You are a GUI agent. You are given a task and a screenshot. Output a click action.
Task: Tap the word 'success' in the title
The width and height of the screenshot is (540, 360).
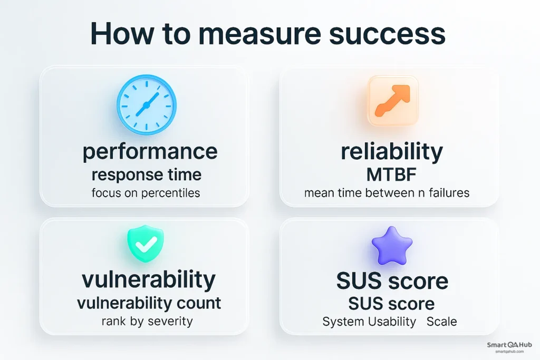[388, 34]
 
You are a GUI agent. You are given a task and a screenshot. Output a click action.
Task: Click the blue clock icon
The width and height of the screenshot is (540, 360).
[147, 105]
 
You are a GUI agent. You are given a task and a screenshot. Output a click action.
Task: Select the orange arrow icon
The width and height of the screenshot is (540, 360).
[393, 101]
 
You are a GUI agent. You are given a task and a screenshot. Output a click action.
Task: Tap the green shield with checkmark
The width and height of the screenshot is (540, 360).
[146, 244]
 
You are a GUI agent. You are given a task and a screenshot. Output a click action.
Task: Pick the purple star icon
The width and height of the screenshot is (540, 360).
[392, 246]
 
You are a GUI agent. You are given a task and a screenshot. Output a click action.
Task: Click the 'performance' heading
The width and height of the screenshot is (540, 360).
[150, 151]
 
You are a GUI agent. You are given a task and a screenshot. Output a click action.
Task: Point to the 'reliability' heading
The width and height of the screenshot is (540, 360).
[392, 151]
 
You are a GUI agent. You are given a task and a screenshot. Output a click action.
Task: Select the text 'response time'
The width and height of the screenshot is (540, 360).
[147, 174]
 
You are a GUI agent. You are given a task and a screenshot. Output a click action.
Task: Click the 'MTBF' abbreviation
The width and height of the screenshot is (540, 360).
[391, 174]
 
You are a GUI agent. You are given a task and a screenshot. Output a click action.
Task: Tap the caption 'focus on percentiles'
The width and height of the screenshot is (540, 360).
[146, 193]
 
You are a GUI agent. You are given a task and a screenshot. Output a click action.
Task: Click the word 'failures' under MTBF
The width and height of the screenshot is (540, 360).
[449, 193]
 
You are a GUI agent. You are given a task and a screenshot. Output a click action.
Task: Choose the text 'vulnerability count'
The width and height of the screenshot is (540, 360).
[149, 303]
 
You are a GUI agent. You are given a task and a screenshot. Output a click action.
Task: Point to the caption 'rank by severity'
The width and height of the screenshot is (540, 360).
[147, 321]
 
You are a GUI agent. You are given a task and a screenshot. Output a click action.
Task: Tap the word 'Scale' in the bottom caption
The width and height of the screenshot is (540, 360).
[441, 322]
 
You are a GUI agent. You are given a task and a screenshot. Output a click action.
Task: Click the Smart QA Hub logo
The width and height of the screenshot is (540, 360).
[509, 345]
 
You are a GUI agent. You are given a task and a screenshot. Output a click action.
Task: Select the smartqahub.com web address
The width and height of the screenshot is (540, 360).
[509, 352]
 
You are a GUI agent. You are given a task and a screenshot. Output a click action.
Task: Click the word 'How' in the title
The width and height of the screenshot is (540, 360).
[122, 34]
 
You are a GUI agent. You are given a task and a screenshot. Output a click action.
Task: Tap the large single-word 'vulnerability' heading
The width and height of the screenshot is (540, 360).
[148, 279]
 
